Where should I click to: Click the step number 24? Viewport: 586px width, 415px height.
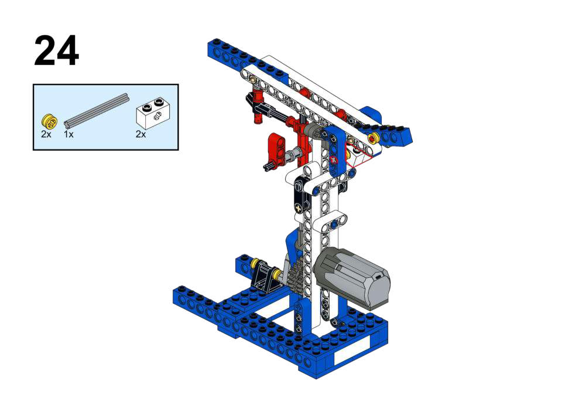(56, 51)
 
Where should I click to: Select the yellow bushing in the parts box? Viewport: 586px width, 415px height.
(49, 121)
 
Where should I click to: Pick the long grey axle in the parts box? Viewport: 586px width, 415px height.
(96, 110)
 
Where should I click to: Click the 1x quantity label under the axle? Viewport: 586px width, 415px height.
(68, 134)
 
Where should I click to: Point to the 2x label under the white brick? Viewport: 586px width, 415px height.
(141, 134)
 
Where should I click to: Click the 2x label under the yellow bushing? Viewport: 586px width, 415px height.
(46, 134)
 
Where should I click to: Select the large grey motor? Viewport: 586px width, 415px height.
(351, 278)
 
